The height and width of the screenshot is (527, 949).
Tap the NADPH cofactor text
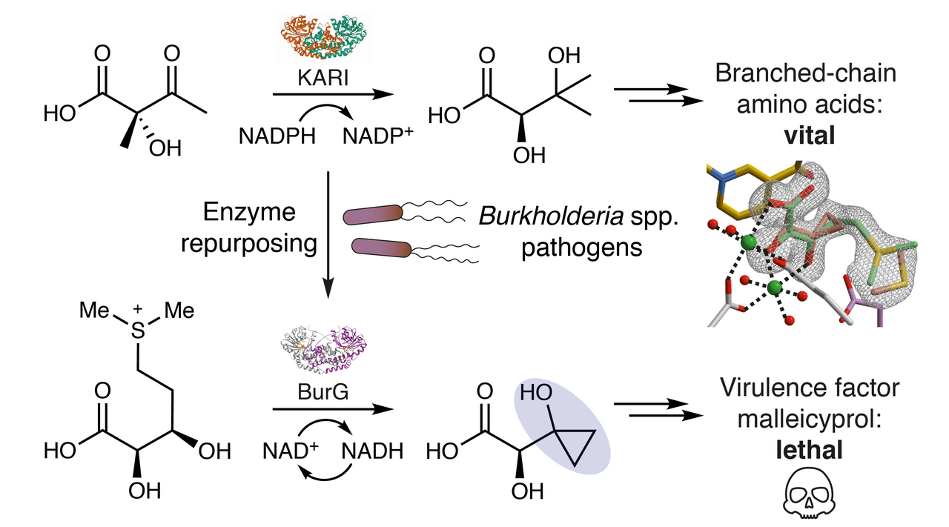tap(277, 136)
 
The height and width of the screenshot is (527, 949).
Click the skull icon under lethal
tap(804, 497)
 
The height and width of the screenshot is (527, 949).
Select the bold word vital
tap(804, 137)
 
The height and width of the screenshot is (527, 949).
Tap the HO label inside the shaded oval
tap(536, 394)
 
